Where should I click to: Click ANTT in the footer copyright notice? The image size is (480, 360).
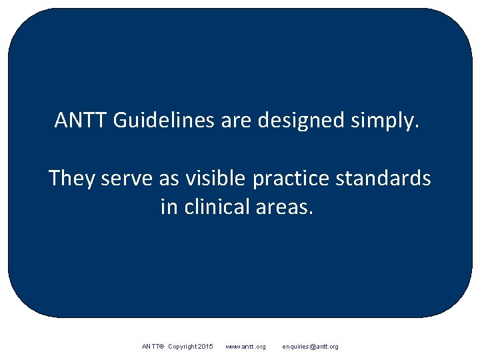(x=153, y=347)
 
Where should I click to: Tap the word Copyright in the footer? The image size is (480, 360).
(x=183, y=347)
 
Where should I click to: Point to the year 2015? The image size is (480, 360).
(x=206, y=347)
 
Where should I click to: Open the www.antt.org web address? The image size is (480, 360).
(x=245, y=347)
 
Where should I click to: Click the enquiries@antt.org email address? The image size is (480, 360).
(x=310, y=347)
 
